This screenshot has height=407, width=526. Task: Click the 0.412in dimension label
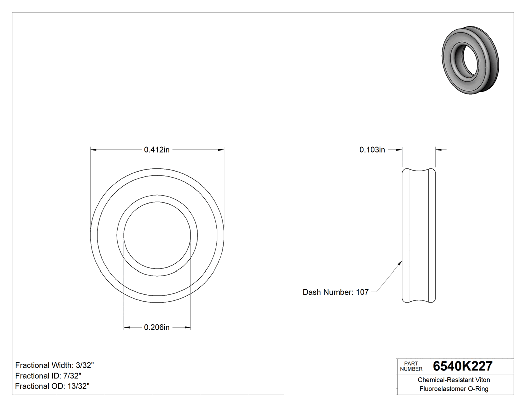[157, 149]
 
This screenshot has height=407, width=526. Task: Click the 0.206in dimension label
[157, 328]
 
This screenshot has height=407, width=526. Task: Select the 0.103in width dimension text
[372, 149]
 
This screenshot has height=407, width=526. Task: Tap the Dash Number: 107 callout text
[335, 292]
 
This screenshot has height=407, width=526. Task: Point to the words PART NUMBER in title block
[411, 366]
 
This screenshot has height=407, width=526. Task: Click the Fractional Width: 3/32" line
[55, 365]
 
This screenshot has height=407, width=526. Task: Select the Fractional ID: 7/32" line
[48, 376]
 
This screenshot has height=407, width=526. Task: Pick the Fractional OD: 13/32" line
[52, 386]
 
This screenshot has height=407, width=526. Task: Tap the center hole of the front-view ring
[157, 236]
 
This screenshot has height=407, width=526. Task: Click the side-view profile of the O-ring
[419, 236]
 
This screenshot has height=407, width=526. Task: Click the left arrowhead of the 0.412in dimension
[93, 149]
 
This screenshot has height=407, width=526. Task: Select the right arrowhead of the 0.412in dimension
[221, 149]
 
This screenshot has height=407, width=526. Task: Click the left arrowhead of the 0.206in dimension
[127, 328]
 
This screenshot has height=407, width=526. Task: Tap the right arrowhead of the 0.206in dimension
[187, 328]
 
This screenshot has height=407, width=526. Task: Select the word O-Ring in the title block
[477, 389]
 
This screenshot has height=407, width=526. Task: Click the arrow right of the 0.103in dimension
[439, 149]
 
